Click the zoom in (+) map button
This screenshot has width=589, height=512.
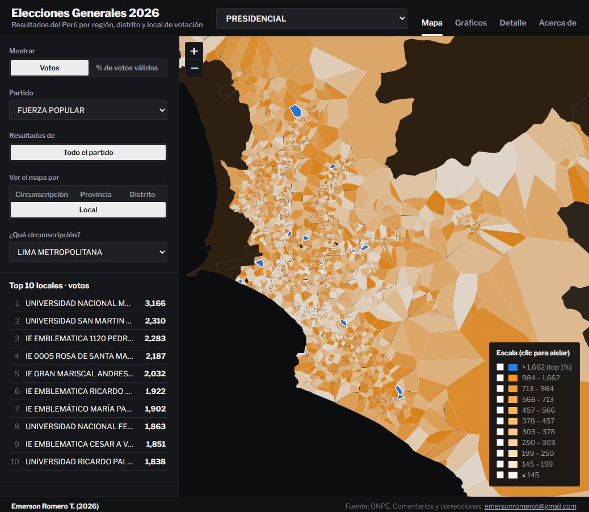194,51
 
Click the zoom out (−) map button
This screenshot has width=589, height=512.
194,68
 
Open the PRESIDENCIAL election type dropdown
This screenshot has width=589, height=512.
312,18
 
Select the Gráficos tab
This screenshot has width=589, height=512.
470,23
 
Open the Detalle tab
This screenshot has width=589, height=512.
513,23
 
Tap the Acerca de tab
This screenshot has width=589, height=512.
557,23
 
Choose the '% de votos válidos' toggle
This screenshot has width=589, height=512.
127,68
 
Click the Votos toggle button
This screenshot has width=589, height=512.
49,68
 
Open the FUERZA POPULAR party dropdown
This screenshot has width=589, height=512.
89,110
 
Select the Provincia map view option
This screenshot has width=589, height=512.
96,194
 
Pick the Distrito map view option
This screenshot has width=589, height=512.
142,194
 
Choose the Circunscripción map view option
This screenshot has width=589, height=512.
41,194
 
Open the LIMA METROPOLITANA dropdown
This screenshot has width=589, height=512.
89,252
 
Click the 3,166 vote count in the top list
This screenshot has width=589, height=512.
155,303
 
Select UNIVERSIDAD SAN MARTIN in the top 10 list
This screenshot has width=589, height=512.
78,321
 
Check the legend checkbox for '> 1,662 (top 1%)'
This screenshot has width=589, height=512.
500,367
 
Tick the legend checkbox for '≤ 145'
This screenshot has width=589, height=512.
500,475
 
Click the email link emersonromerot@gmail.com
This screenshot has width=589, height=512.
530,506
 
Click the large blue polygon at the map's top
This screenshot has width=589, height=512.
296,111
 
